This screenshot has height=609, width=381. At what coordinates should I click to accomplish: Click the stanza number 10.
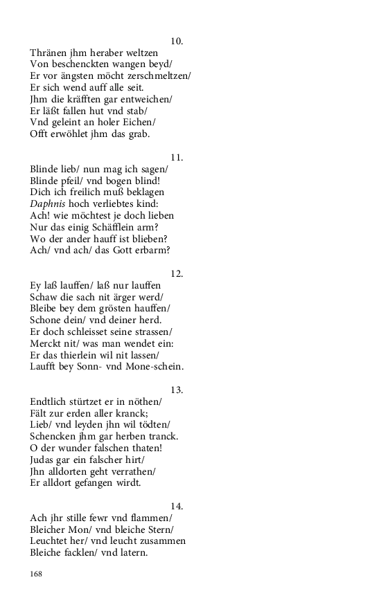pyautogui.click(x=177, y=42)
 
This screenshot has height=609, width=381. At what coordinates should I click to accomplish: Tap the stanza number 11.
pyautogui.click(x=177, y=158)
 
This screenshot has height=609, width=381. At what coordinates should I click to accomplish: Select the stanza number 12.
pyautogui.click(x=177, y=274)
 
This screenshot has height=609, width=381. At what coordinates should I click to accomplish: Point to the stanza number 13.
pyautogui.click(x=177, y=390)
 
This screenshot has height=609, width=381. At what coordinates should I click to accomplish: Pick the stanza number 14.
pyautogui.click(x=177, y=507)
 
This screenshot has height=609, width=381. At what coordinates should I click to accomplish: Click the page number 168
pyautogui.click(x=37, y=573)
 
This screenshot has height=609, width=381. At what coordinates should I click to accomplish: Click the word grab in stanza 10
pyautogui.click(x=139, y=134)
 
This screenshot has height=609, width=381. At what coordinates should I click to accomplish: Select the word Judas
pyautogui.click(x=43, y=460)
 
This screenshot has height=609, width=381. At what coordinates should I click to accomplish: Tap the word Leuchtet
pyautogui.click(x=51, y=540)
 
